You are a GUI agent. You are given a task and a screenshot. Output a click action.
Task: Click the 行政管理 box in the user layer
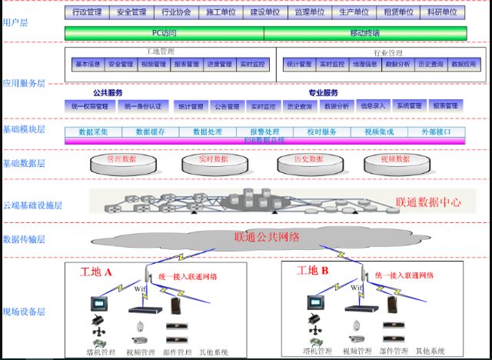click(x=87, y=12)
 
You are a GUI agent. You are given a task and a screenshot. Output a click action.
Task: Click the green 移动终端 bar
click(x=364, y=32)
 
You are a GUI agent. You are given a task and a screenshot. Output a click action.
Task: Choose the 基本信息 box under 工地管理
click(x=88, y=65)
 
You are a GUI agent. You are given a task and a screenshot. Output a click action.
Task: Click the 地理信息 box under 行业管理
click(x=364, y=65)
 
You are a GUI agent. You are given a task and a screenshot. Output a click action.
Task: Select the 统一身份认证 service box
click(x=143, y=106)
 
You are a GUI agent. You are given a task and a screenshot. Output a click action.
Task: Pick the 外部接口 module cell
click(x=442, y=132)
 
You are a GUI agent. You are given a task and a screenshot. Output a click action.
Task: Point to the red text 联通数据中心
click(x=428, y=202)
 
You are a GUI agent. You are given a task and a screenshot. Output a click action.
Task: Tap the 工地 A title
click(x=97, y=272)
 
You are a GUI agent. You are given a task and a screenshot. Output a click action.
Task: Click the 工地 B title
click(x=313, y=270)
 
